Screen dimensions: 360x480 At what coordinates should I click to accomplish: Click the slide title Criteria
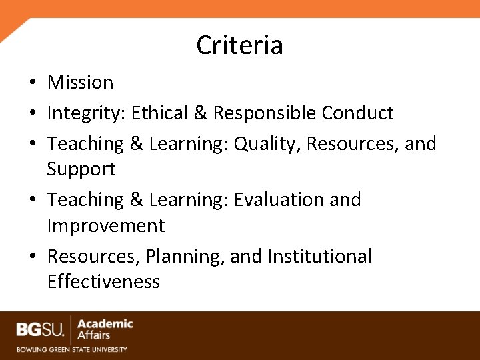pyautogui.click(x=239, y=45)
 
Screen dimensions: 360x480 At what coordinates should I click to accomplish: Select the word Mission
pyautogui.click(x=80, y=83)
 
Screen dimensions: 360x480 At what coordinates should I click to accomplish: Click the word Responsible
pyautogui.click(x=264, y=113)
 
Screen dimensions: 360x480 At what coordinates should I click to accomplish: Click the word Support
pyautogui.click(x=81, y=169)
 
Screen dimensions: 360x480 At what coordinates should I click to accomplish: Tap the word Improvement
pyautogui.click(x=105, y=226)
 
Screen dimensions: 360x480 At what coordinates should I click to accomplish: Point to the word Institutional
pyautogui.click(x=319, y=257)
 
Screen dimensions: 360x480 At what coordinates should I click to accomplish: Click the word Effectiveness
pyautogui.click(x=103, y=282)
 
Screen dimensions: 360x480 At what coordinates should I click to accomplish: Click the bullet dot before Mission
pyautogui.click(x=32, y=83)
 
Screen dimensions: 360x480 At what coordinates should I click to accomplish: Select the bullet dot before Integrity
pyautogui.click(x=32, y=114)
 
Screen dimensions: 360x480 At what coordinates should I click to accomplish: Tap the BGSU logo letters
pyautogui.click(x=41, y=329)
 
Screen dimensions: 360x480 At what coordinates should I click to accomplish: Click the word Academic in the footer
pyautogui.click(x=105, y=324)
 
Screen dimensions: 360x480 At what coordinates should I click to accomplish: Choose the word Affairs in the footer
pyautogui.click(x=94, y=335)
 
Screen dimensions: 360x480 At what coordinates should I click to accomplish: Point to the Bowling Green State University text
pyautogui.click(x=71, y=349)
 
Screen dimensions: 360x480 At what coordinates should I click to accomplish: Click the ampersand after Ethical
pyautogui.click(x=201, y=113)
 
